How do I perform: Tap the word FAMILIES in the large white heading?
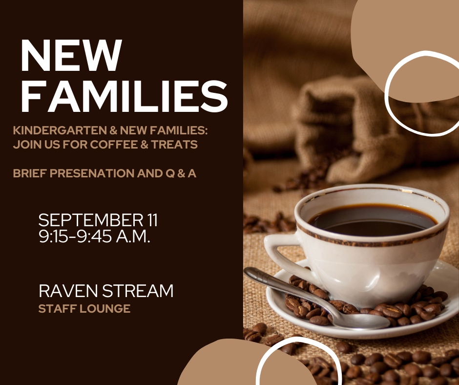[124, 96]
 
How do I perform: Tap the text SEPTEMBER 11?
[98, 220]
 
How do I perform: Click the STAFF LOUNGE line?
[84, 308]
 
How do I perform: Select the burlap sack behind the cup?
[342, 122]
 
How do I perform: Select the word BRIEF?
[29, 173]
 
